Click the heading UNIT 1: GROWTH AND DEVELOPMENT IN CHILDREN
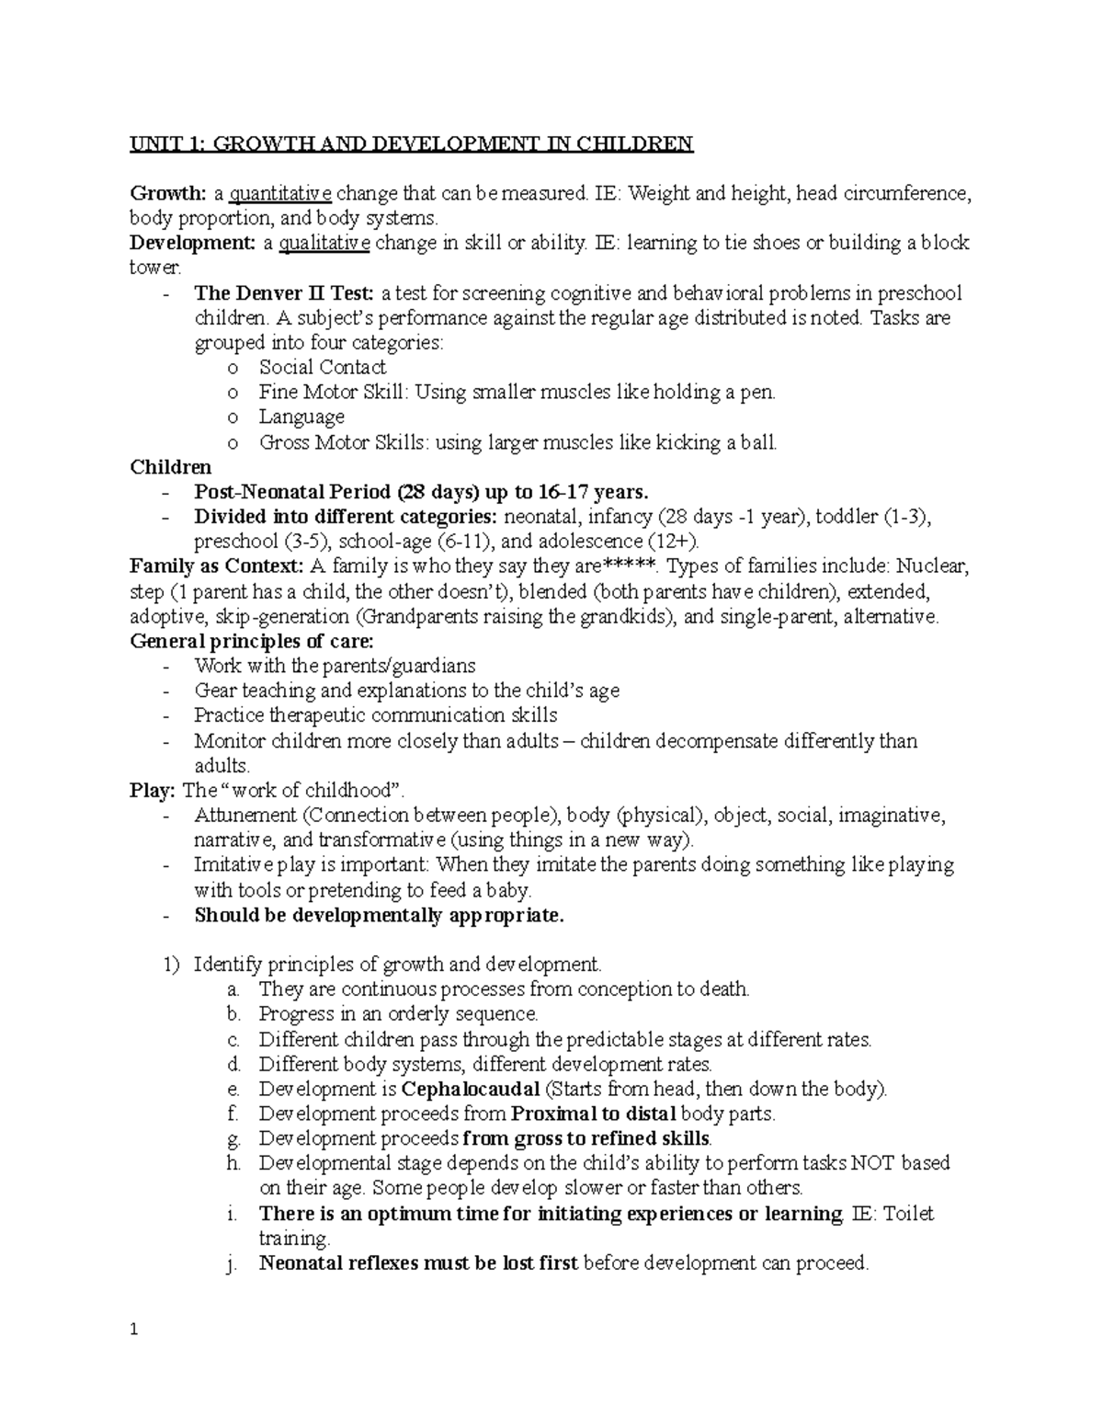(x=411, y=143)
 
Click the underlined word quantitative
(x=280, y=194)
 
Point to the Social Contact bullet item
(x=322, y=368)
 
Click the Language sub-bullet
(x=301, y=417)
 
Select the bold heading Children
(x=171, y=467)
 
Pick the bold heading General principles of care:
(x=253, y=641)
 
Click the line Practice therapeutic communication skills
(x=375, y=715)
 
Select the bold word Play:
(x=153, y=791)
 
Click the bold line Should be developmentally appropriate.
(x=379, y=915)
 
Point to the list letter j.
(x=229, y=1265)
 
